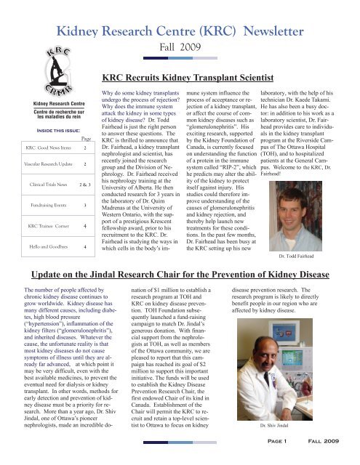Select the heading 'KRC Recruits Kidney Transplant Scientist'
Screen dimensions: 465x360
coord(203,96)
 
